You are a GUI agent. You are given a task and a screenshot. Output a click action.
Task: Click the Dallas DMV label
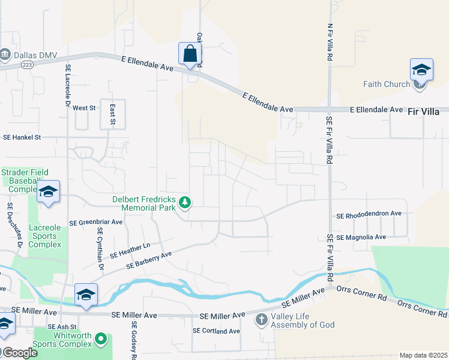tap(35, 55)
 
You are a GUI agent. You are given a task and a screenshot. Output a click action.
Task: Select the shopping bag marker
tap(190, 54)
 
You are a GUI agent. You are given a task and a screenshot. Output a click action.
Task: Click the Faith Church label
tap(386, 84)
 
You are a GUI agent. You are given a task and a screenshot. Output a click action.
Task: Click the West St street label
tap(84, 108)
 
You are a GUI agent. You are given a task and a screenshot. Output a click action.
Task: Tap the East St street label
tap(112, 113)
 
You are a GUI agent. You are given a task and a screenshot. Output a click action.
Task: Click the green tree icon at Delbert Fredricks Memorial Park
tap(185, 203)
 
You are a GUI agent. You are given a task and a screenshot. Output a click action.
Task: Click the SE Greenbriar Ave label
tap(96, 222)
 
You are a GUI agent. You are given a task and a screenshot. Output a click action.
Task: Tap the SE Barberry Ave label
tap(149, 259)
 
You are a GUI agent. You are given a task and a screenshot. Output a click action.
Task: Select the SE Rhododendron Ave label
tap(369, 215)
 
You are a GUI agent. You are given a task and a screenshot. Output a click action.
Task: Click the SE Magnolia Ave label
tap(361, 238)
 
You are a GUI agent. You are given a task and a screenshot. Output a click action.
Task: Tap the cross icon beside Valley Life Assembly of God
tap(261, 319)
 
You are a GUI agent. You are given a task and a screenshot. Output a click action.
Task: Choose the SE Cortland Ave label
tap(216, 331)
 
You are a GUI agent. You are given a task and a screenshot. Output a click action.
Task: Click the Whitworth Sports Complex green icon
tap(101, 340)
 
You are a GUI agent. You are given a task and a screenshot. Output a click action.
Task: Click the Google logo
tap(20, 353)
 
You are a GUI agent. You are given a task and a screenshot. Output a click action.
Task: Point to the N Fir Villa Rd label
tap(330, 42)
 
